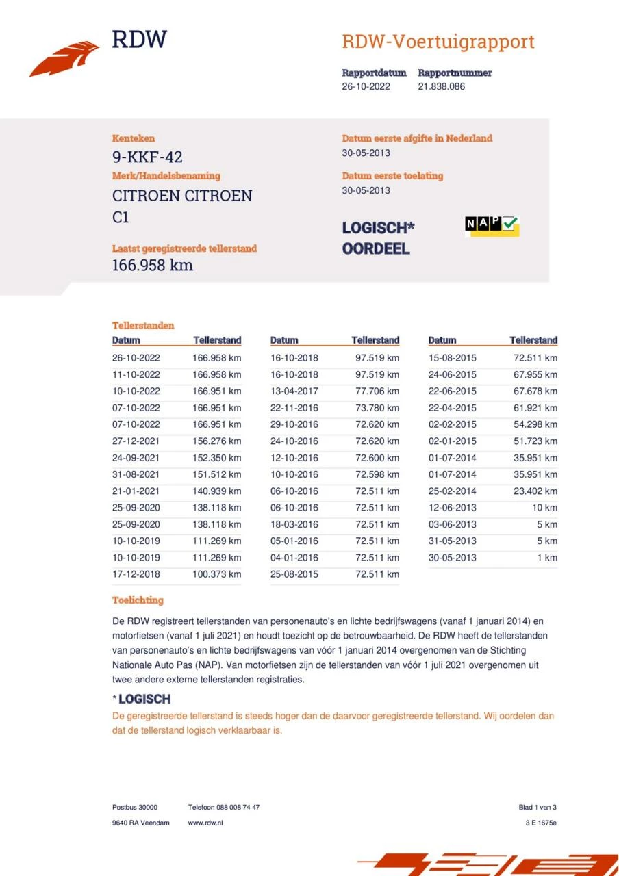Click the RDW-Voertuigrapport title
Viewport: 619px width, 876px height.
(x=438, y=42)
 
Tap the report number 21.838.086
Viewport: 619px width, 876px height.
(x=441, y=87)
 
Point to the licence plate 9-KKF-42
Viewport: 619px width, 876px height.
(x=147, y=157)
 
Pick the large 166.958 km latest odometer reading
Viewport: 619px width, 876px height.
(x=152, y=265)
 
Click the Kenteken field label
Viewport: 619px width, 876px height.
(x=134, y=138)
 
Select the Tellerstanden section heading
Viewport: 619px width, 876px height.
(x=143, y=326)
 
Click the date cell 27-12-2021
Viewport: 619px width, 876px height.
(x=136, y=441)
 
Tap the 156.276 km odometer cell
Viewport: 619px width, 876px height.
(x=216, y=441)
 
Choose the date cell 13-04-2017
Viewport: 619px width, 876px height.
(x=294, y=391)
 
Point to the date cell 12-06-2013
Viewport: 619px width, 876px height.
(x=453, y=508)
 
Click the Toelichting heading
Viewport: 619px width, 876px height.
(x=138, y=600)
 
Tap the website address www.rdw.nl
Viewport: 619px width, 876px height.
(x=205, y=823)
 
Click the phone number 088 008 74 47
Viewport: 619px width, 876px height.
(x=239, y=808)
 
